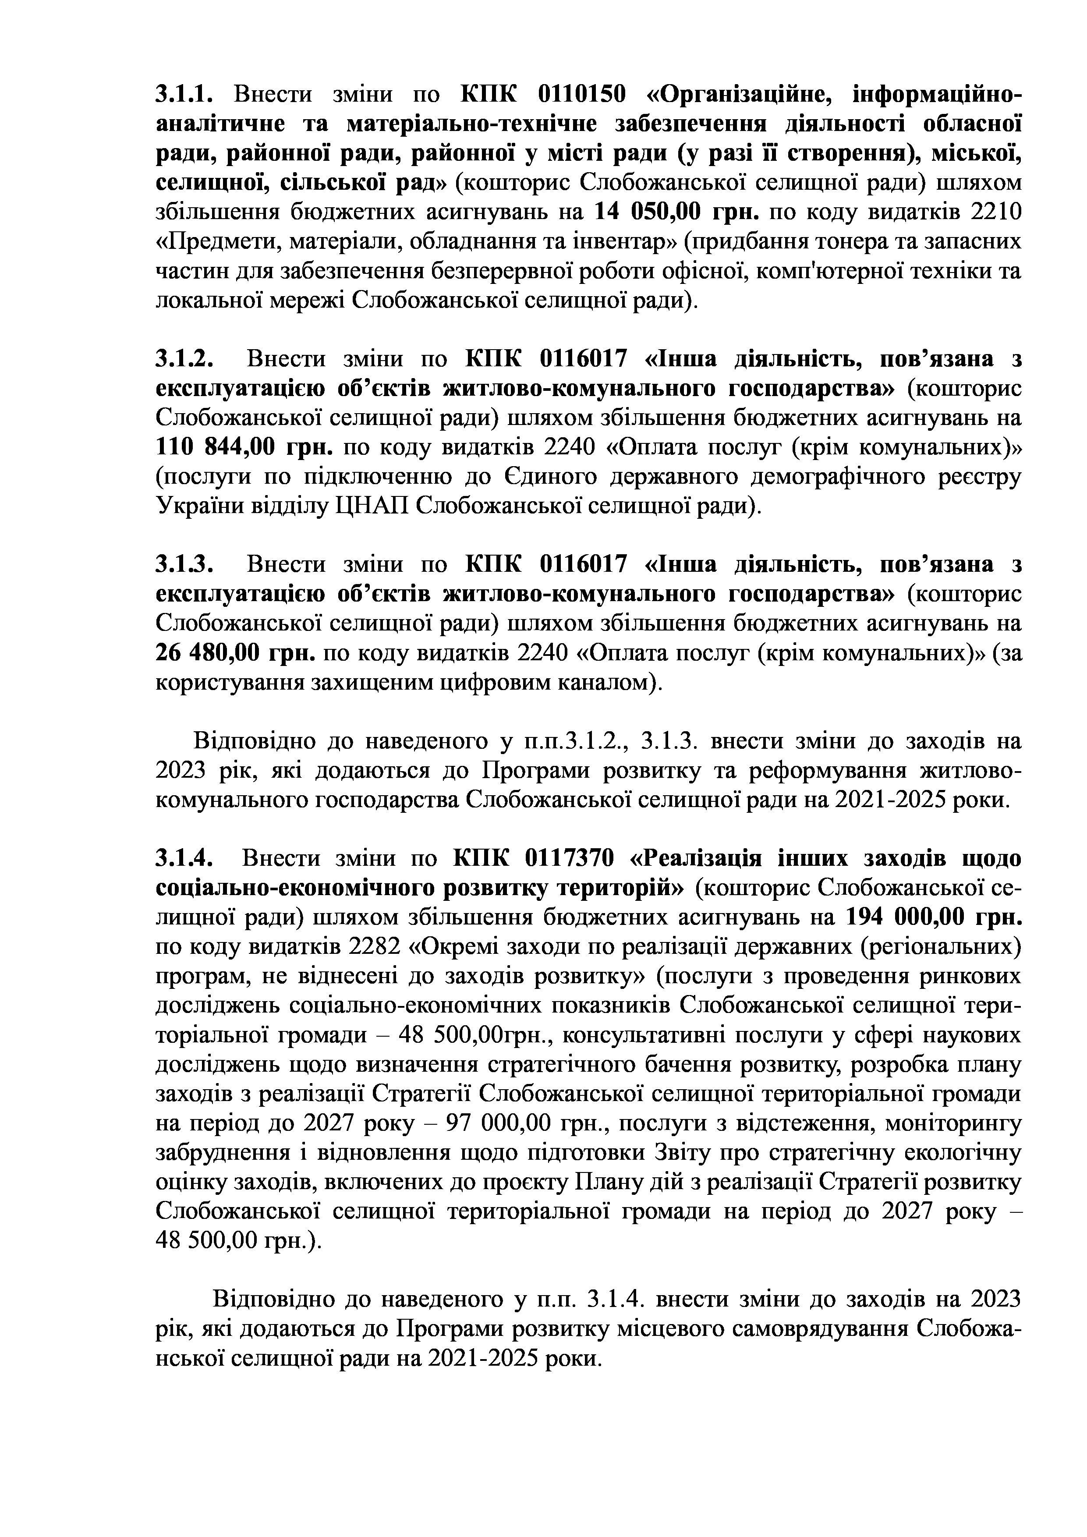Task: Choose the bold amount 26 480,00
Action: click(208, 653)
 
